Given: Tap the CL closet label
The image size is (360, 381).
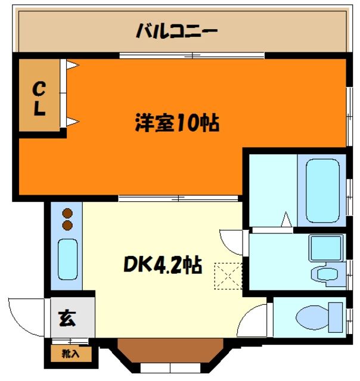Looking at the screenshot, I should click(39, 99).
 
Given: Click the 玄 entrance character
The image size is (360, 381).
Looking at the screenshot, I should click(66, 318).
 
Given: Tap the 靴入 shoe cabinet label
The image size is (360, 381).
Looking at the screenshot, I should click(71, 354).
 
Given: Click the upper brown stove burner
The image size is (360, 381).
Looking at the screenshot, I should click(67, 213).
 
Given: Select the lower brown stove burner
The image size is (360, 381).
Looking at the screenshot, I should click(67, 225).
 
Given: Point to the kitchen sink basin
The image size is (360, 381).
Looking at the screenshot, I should click(67, 259).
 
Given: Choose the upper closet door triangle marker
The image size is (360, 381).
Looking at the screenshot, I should click(72, 65).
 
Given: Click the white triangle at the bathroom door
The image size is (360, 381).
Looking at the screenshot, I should click(285, 220).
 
